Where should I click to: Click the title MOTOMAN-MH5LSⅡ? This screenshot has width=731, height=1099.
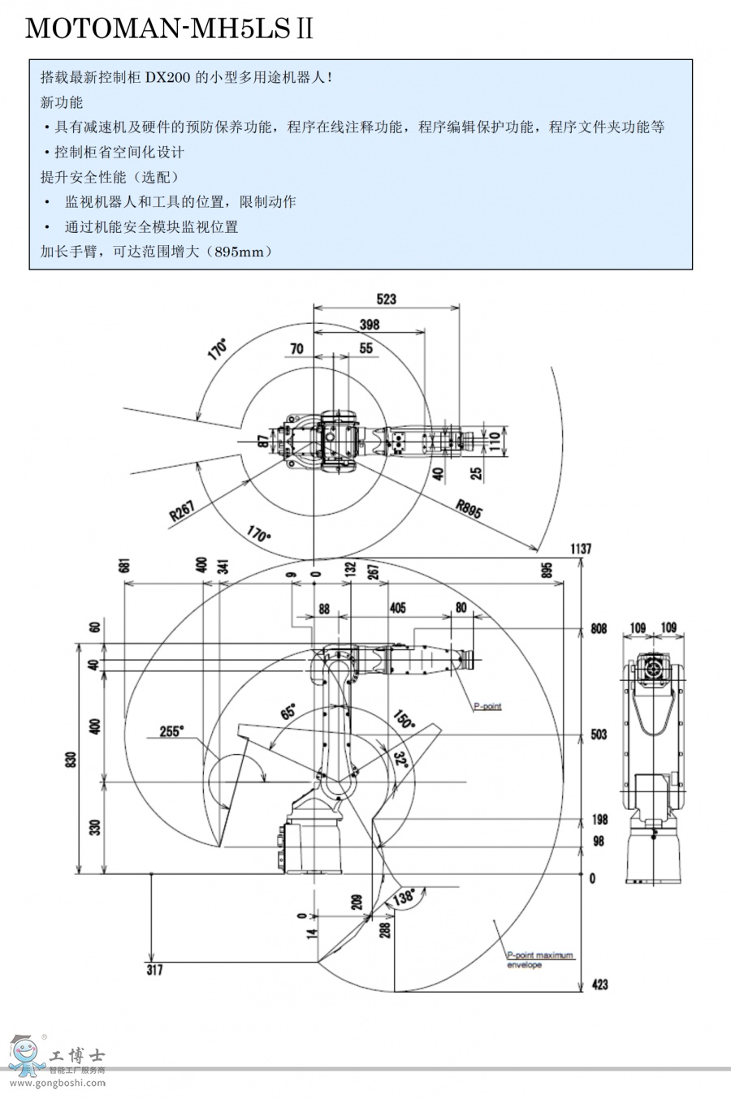[x=169, y=29]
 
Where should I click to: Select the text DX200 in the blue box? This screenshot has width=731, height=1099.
[x=168, y=78]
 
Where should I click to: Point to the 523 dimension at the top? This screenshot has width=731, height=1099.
[x=387, y=299]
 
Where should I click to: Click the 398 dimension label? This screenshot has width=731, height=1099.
[x=370, y=325]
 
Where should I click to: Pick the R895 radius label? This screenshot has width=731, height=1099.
[x=469, y=508]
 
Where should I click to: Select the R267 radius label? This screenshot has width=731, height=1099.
[x=182, y=511]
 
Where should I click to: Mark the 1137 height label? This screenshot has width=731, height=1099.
[x=581, y=549]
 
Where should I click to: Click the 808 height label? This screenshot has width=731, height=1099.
[x=599, y=629]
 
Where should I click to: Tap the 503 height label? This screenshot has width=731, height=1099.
[x=599, y=735]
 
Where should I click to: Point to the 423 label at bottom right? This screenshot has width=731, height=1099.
[x=599, y=985]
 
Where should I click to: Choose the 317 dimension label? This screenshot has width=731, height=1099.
[x=154, y=969]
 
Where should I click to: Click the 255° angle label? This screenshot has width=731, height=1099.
[x=171, y=731]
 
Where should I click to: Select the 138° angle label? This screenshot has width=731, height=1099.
[x=404, y=897]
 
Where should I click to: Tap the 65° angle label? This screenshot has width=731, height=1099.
[x=288, y=713]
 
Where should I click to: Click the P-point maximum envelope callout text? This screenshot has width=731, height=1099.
[x=540, y=959]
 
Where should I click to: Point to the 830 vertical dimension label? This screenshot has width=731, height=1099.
[x=71, y=761]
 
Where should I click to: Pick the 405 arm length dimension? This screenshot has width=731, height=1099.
[x=398, y=608]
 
